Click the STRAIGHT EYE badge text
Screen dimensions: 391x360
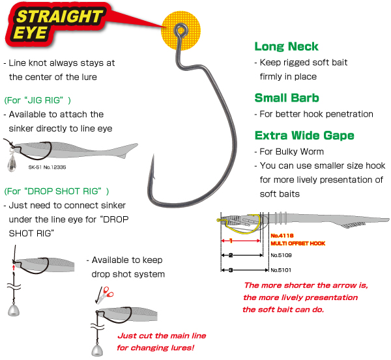pyautogui.click(x=57, y=25)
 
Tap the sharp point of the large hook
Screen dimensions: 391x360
pyautogui.click(x=153, y=155)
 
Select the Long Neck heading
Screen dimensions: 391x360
pyautogui.click(x=286, y=47)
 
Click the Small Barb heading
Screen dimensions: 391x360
pyautogui.click(x=287, y=98)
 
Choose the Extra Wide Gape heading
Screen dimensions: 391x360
pyautogui.click(x=304, y=135)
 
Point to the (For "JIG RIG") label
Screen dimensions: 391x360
pyautogui.click(x=38, y=100)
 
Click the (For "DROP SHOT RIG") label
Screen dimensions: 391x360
pyautogui.click(x=57, y=191)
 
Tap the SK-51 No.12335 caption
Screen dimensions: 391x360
pyautogui.click(x=47, y=167)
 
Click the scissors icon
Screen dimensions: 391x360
pyautogui.click(x=105, y=295)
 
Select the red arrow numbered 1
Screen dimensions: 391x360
pyautogui.click(x=241, y=241)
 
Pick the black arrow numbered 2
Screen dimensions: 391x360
pyautogui.click(x=242, y=255)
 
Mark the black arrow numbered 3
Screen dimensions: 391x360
pyautogui.click(x=245, y=270)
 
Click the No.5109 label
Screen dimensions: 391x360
pyautogui.click(x=282, y=255)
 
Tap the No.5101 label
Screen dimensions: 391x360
pyautogui.click(x=281, y=270)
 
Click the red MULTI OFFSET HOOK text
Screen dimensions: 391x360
pyautogui.click(x=298, y=243)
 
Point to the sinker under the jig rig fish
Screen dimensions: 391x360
pyautogui.click(x=12, y=163)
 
